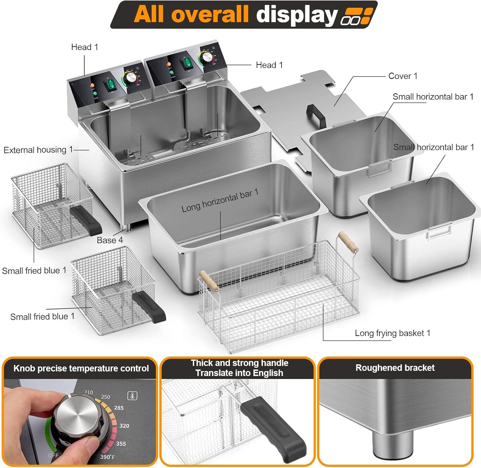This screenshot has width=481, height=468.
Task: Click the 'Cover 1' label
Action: coord(402,76)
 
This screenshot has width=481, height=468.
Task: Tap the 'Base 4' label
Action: coord(110,240)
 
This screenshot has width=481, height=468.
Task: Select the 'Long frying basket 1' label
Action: coord(392,333)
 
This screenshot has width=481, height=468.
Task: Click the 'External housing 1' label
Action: coord(38,150)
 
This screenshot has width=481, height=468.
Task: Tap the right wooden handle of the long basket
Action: coord(348,242)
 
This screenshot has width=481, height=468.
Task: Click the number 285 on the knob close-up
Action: coord(119,408)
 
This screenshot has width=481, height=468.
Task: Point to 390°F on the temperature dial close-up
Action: coord(107,456)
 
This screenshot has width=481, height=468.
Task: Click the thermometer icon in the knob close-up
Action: coord(132,395)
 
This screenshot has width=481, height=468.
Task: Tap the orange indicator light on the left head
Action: coord(92,85)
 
